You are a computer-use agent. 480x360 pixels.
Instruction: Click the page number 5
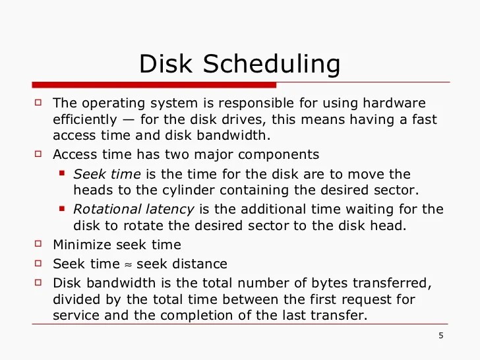pyautogui.click(x=440, y=337)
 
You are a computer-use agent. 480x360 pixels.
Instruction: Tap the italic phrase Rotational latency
pyautogui.click(x=133, y=209)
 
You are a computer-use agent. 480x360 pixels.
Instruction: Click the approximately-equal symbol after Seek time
pyautogui.click(x=128, y=264)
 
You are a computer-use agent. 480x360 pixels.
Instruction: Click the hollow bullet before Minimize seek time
pyautogui.click(x=38, y=245)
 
